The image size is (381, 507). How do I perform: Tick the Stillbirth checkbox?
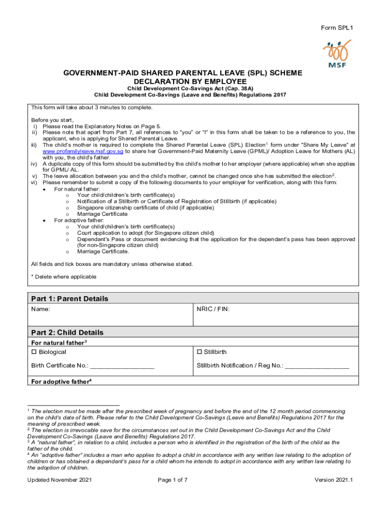pyautogui.click(x=199, y=352)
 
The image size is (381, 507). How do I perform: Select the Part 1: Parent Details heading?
pyautogui.click(x=70, y=299)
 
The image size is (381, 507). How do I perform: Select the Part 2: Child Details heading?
pyautogui.click(x=67, y=332)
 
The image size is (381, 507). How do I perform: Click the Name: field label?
pyautogui.click(x=41, y=309)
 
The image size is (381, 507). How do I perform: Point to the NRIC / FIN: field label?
pyautogui.click(x=213, y=309)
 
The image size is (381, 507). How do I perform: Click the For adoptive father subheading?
pyautogui.click(x=61, y=382)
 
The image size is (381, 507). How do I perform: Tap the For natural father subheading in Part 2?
pyautogui.click(x=59, y=343)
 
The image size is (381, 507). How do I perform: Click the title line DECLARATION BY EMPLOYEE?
pyautogui.click(x=190, y=81)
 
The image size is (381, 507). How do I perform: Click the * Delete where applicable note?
pyautogui.click(x=64, y=277)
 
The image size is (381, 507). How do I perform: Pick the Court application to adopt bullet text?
pyautogui.click(x=145, y=233)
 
